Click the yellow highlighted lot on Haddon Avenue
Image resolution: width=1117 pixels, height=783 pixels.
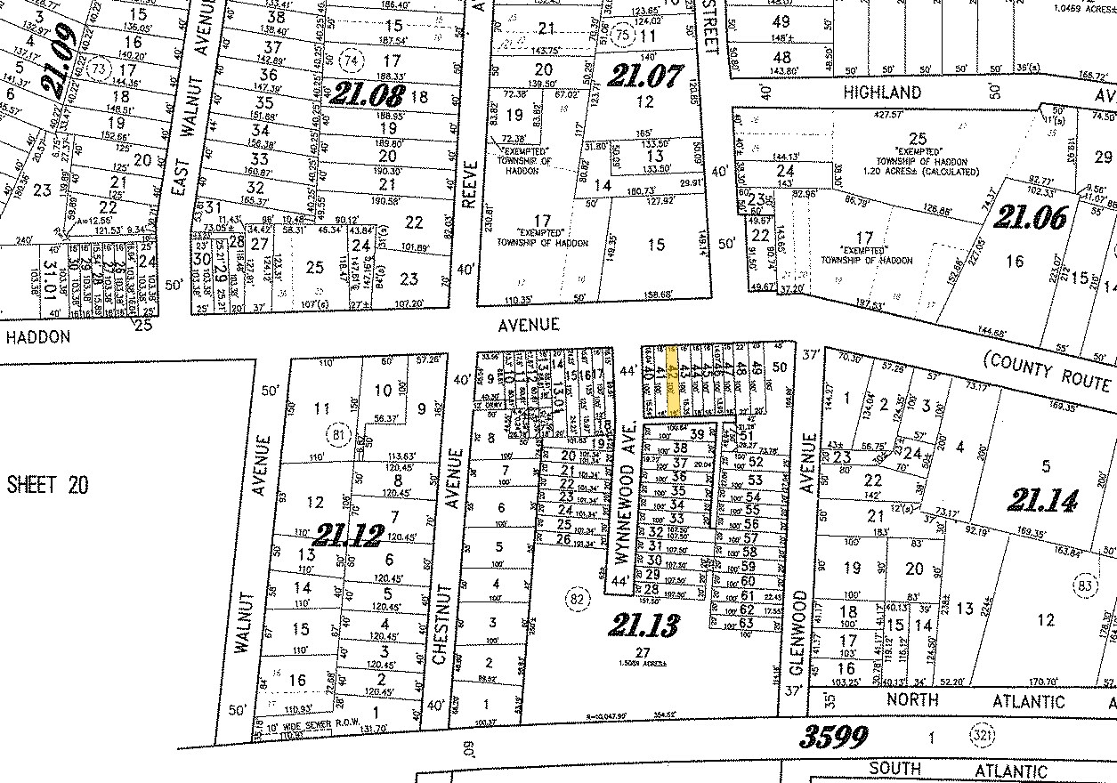point(675,381)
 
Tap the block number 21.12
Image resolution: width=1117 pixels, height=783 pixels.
point(348,535)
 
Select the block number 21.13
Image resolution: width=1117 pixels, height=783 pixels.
point(643,626)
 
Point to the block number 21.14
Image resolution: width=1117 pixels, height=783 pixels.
point(1042,501)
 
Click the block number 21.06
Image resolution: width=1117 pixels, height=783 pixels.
point(1032,217)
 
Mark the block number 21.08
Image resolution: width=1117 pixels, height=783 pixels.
point(369,93)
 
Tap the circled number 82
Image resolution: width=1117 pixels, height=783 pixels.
point(577,598)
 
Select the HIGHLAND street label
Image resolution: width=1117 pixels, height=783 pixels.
point(882,93)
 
